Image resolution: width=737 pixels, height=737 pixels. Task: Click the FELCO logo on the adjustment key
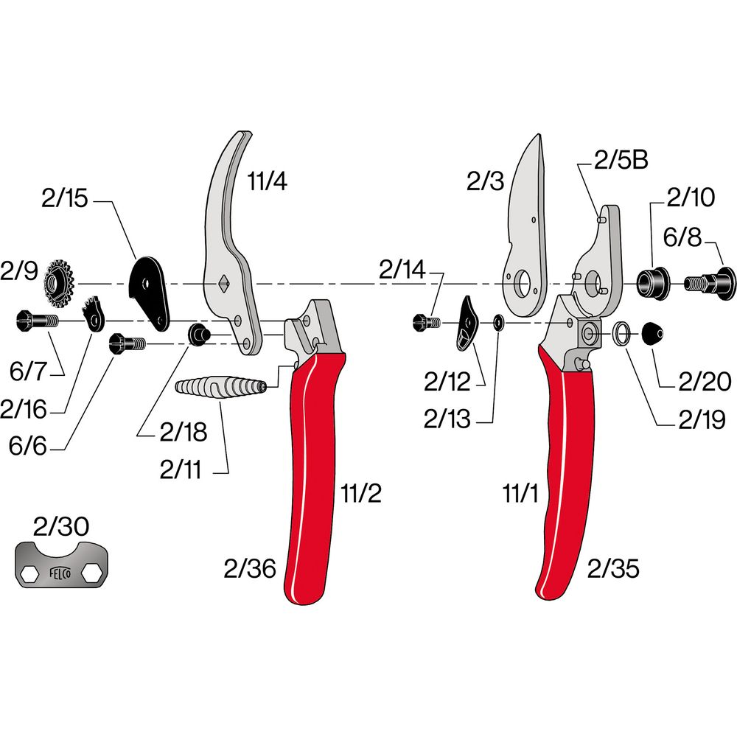(60, 573)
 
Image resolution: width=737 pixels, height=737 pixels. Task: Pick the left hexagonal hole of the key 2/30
(29, 573)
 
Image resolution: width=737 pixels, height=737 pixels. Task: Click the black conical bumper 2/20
(653, 334)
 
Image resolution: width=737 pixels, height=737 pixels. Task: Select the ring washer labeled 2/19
(623, 333)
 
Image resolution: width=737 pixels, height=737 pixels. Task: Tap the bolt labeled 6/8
(710, 284)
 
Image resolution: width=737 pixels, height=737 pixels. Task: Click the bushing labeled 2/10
(653, 283)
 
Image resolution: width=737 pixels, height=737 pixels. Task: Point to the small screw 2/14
(426, 323)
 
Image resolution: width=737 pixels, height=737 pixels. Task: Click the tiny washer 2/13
(498, 323)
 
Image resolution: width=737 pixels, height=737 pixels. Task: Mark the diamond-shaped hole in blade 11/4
(223, 284)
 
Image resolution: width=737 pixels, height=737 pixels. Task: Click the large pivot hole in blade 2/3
(523, 284)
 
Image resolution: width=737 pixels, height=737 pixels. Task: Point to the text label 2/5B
(621, 160)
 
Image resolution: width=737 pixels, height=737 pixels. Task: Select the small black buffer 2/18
(198, 335)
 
